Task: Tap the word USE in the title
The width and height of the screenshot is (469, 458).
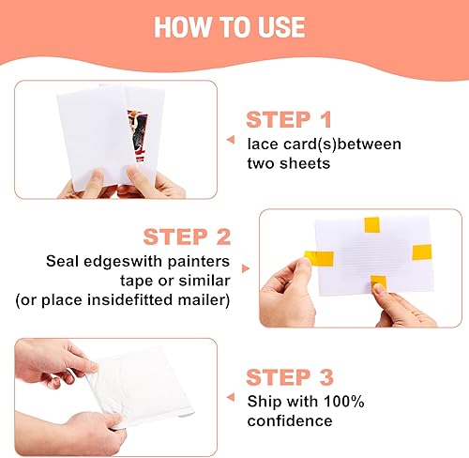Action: [x=286, y=25]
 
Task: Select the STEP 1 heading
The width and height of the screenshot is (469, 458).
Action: [x=289, y=120]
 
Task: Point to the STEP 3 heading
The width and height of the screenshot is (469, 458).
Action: [x=289, y=378]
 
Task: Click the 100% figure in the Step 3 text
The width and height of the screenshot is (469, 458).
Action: [x=341, y=402]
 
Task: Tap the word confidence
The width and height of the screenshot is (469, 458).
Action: [x=290, y=420]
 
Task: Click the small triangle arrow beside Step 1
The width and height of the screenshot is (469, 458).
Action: [x=229, y=139]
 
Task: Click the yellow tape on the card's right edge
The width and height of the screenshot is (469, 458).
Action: [x=421, y=252]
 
